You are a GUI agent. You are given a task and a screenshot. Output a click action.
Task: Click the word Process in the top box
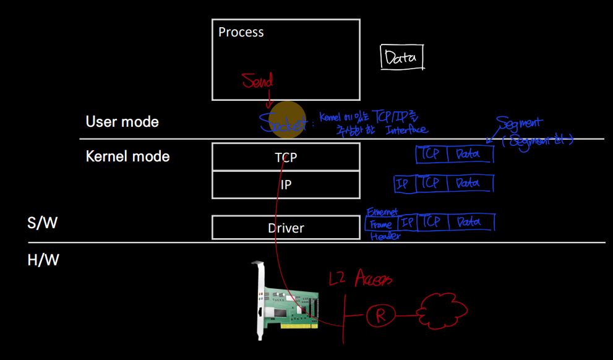tap(241, 32)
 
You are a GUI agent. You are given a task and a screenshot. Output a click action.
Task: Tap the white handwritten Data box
tap(401, 58)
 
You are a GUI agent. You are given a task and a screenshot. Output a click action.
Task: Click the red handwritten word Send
tap(257, 80)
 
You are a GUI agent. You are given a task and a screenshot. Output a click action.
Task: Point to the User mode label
tap(122, 122)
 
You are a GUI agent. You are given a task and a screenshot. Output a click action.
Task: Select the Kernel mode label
tap(127, 156)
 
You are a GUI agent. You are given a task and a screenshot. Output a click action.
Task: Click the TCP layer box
tap(286, 157)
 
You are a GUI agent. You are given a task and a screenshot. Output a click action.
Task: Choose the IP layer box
tap(286, 185)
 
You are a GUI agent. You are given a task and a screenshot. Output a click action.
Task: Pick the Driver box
tap(286, 228)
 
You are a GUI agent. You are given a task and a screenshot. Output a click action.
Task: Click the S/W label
tap(42, 223)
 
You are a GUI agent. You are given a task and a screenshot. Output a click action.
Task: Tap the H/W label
tap(43, 260)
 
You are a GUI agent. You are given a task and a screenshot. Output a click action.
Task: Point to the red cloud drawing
tap(443, 309)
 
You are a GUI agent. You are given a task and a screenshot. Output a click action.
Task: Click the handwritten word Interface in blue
tap(406, 130)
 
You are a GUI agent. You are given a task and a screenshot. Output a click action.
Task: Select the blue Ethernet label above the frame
tap(383, 212)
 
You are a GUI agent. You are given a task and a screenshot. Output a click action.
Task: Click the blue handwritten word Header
tap(385, 236)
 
